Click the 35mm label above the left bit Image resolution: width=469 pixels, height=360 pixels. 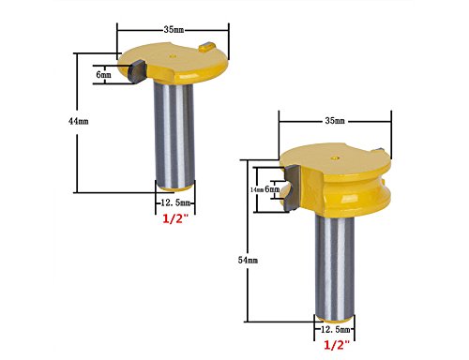[x=174, y=30]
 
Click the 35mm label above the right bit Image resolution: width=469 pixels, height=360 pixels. [x=335, y=121]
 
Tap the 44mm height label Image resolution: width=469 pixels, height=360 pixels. [x=78, y=121]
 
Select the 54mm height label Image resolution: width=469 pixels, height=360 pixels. [x=248, y=260]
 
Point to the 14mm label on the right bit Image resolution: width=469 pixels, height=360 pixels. [x=257, y=189]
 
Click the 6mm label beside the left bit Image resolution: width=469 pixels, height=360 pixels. [x=103, y=75]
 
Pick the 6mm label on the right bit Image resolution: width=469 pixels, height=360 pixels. [x=272, y=189]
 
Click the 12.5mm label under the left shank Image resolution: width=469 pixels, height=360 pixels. [x=175, y=202]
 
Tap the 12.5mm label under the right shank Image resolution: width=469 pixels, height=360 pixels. [x=336, y=329]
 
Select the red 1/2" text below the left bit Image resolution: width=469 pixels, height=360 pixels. [x=175, y=218]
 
